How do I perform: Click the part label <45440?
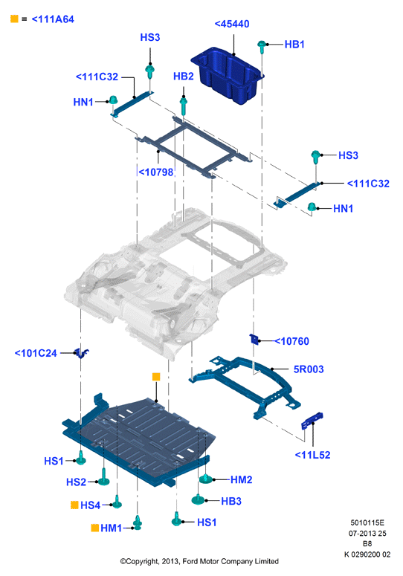tap(232, 24)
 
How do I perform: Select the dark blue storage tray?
tap(228, 75)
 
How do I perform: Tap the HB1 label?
tap(294, 45)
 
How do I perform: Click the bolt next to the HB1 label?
tap(262, 47)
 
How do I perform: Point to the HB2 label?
tap(184, 76)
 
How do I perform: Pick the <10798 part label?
tap(155, 172)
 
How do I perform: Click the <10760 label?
tap(292, 341)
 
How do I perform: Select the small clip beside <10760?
tap(254, 339)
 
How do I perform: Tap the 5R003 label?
tap(309, 369)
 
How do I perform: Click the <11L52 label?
tap(312, 455)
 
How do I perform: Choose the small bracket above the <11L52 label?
tap(312, 421)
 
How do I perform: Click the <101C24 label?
tap(36, 353)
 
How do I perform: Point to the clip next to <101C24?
tap(82, 353)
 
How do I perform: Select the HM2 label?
tap(242, 480)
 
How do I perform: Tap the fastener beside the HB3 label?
tap(198, 499)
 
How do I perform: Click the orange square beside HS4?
tap(74, 505)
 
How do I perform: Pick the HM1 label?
tap(111, 528)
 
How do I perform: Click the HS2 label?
tap(76, 482)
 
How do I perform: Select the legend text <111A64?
tap(53, 19)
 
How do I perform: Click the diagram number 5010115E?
tap(367, 522)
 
